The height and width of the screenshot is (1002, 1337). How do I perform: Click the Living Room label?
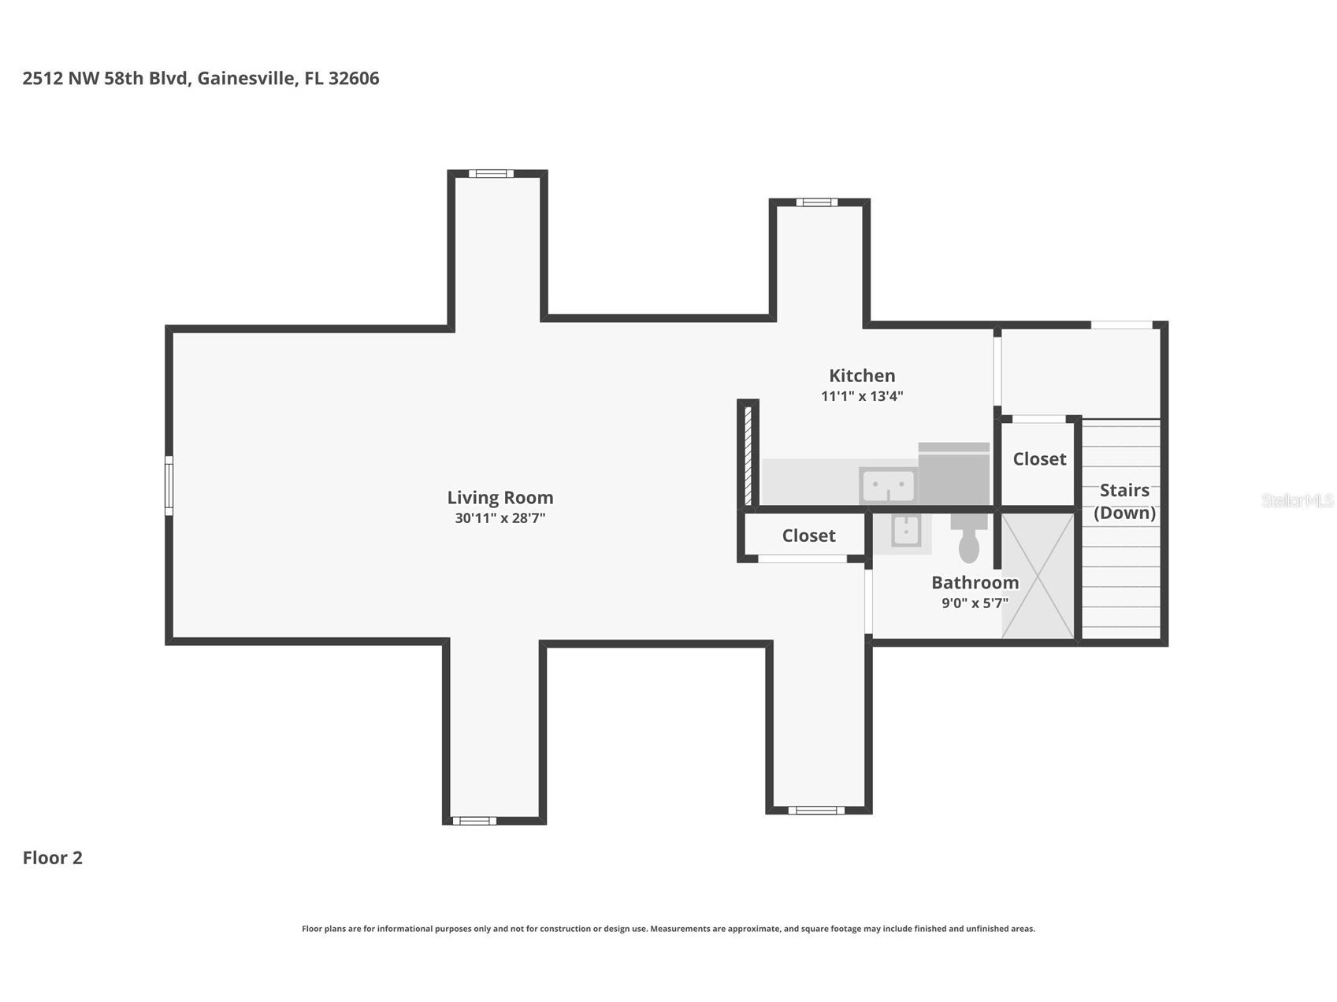click(500, 498)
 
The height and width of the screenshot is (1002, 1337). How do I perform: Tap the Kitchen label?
click(862, 376)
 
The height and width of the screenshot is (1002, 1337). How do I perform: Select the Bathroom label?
click(975, 583)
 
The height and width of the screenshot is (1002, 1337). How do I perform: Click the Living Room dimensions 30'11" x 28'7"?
click(500, 518)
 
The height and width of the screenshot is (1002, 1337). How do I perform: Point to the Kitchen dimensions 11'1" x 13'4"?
click(862, 396)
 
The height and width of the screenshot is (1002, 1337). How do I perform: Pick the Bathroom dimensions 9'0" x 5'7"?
click(975, 603)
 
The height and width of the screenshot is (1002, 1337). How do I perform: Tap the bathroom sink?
click(907, 530)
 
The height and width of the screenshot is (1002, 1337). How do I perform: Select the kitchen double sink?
click(888, 485)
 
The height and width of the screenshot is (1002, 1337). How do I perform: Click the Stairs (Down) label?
click(1124, 502)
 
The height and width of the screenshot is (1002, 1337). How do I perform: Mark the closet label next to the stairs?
click(1039, 459)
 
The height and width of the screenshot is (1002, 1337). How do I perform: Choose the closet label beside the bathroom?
click(808, 536)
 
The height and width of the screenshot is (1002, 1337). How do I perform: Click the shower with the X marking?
click(1038, 575)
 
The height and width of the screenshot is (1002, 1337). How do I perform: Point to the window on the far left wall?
click(169, 486)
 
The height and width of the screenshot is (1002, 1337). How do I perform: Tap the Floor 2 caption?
click(53, 858)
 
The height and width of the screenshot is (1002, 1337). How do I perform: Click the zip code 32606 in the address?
click(354, 78)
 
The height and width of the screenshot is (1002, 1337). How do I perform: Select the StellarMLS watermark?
click(1298, 500)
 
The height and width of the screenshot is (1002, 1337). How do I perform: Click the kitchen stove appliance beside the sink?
click(954, 473)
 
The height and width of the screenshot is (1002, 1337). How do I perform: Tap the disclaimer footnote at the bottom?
click(668, 929)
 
